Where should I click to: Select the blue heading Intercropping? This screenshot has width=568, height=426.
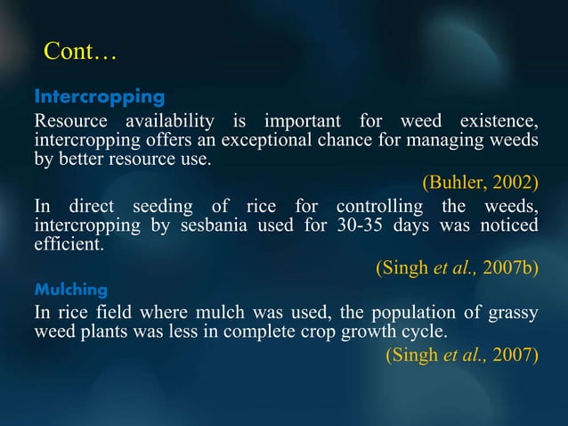click(x=99, y=95)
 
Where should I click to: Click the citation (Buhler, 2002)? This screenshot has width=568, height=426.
click(x=480, y=184)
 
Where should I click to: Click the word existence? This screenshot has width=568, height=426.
click(x=499, y=121)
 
